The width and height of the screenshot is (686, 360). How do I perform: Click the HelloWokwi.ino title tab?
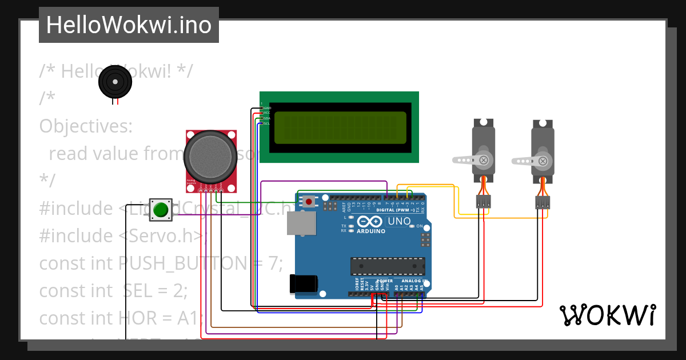tap(129, 25)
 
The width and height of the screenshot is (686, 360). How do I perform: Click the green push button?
tap(161, 210)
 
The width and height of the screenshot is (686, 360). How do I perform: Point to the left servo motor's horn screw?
tap(484, 160)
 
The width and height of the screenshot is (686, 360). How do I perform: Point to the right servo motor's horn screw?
tap(544, 162)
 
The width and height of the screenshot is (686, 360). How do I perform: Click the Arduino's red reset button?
tap(309, 201)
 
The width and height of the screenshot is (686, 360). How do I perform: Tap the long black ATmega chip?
tap(388, 266)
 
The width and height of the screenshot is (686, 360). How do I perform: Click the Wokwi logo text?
tap(607, 315)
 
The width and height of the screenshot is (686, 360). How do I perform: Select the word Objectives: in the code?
tap(86, 126)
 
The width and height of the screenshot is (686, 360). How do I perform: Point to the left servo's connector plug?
tap(484, 201)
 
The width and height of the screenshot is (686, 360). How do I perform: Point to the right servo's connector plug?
tap(543, 202)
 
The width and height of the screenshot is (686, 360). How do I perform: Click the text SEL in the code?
tap(137, 291)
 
